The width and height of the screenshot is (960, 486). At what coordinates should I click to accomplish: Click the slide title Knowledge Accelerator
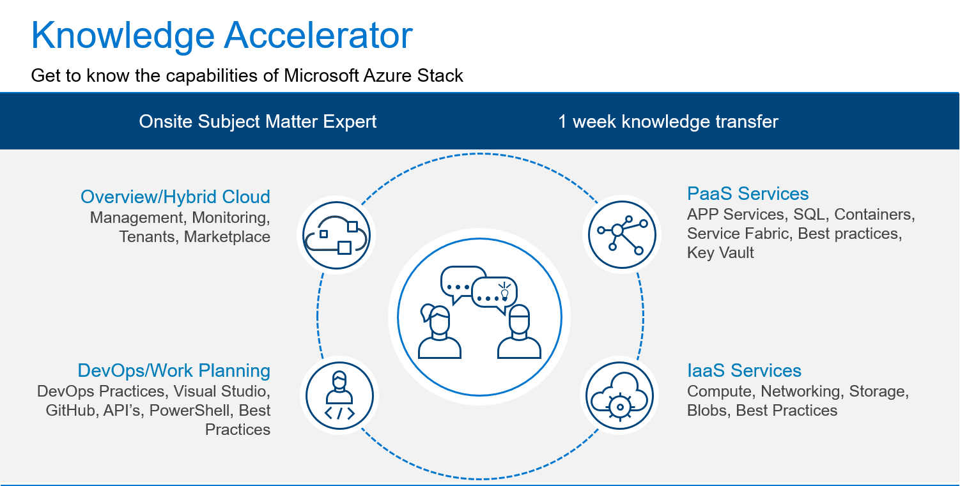pyautogui.click(x=222, y=36)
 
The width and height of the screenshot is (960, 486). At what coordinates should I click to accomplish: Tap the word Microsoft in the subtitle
pyautogui.click(x=321, y=76)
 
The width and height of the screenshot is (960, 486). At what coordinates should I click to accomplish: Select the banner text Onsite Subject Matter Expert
pyautogui.click(x=258, y=122)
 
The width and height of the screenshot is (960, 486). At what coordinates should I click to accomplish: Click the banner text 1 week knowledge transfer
pyautogui.click(x=668, y=122)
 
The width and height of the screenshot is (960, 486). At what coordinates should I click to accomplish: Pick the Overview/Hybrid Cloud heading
pyautogui.click(x=175, y=197)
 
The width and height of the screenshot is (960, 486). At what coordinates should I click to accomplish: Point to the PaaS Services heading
pyautogui.click(x=748, y=194)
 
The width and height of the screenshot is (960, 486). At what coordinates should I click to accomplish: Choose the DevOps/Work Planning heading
pyautogui.click(x=174, y=371)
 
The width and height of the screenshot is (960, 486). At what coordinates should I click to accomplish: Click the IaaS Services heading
pyautogui.click(x=744, y=370)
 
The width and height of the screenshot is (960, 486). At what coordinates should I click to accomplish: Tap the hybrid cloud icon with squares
pyautogui.click(x=336, y=235)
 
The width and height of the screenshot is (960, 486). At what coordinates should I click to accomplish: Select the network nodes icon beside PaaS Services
pyautogui.click(x=622, y=234)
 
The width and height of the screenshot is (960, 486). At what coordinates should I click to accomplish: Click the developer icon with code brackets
pyautogui.click(x=339, y=396)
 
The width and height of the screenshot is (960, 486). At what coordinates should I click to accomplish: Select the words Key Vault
pyautogui.click(x=720, y=253)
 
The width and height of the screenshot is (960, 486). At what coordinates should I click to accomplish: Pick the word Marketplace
pyautogui.click(x=227, y=237)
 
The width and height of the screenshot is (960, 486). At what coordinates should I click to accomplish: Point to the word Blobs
pyautogui.click(x=709, y=410)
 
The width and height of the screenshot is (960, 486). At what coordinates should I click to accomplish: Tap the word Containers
pyautogui.click(x=874, y=214)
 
